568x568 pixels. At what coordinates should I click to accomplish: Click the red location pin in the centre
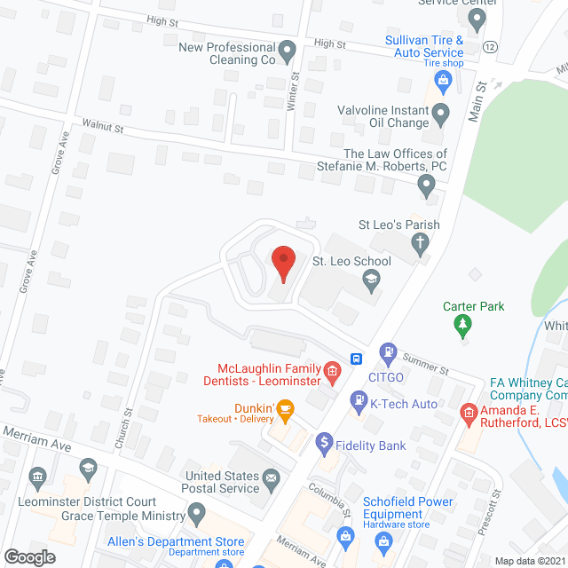point(282,261)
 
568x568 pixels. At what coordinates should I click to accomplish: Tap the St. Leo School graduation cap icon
point(372,282)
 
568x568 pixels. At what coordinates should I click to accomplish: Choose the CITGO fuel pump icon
point(388,352)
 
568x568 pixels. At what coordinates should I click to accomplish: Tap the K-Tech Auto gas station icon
point(359,401)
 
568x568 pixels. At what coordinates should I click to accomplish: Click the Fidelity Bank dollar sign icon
point(324,440)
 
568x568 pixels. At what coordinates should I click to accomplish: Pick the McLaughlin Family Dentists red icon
point(332,370)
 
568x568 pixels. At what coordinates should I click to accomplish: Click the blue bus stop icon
point(356,359)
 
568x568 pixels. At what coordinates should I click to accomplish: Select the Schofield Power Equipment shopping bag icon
point(346,534)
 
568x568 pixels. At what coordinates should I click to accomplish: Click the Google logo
point(29,556)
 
